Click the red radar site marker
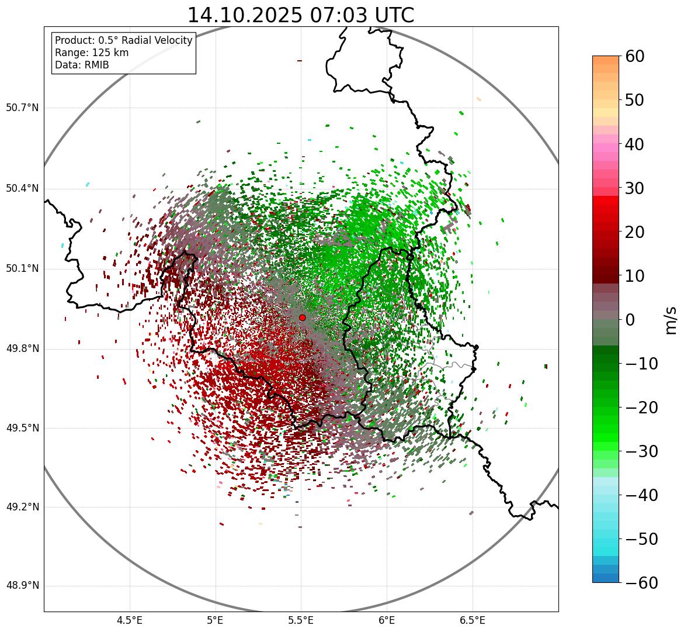point(302,317)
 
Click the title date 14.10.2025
point(244,15)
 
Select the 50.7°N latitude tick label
point(22,108)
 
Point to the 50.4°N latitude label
point(22,188)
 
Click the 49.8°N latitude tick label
point(22,349)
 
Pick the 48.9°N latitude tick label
point(22,586)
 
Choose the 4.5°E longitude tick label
point(130,620)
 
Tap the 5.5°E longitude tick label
point(301,620)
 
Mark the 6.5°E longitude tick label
point(472,620)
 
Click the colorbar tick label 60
point(635,57)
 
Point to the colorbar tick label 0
point(630,320)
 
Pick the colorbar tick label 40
point(635,144)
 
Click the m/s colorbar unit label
point(672,320)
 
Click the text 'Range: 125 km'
point(92,53)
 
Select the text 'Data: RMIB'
point(82,65)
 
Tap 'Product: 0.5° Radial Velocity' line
point(123,40)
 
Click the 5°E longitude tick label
point(216,620)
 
